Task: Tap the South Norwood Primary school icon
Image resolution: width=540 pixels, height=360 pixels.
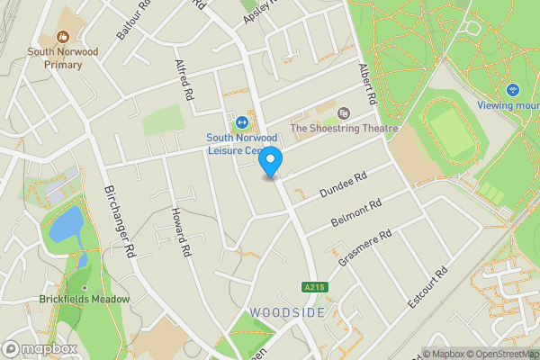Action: [x=63, y=38]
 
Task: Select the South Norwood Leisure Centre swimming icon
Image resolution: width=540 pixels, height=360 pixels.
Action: [x=241, y=122]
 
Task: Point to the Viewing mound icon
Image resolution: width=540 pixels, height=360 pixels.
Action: [x=513, y=90]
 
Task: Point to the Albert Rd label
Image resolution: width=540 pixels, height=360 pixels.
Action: [x=364, y=83]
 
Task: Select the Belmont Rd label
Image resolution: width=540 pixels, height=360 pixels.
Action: [x=357, y=214]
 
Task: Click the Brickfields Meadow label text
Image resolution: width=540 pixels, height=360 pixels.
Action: [x=85, y=299]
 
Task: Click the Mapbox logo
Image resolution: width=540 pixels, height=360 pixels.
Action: [x=39, y=348]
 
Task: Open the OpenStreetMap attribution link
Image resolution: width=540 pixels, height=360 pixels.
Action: [x=499, y=353]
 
